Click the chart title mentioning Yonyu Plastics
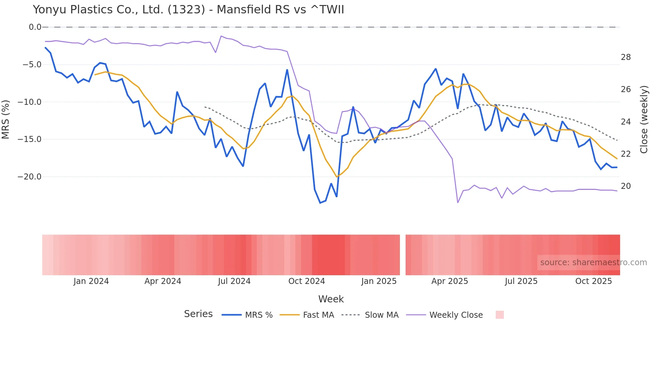188,9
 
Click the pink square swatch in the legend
499,315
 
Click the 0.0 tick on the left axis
35,27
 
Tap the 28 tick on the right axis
625,57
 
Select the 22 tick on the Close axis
625,154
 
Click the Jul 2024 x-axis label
234,281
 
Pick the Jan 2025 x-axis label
379,281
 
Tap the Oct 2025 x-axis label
593,281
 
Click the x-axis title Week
331,299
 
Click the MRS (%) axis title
6,119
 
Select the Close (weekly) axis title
644,119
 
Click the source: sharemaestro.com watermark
593,263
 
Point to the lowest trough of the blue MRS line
320,203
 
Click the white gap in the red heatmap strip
403,255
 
